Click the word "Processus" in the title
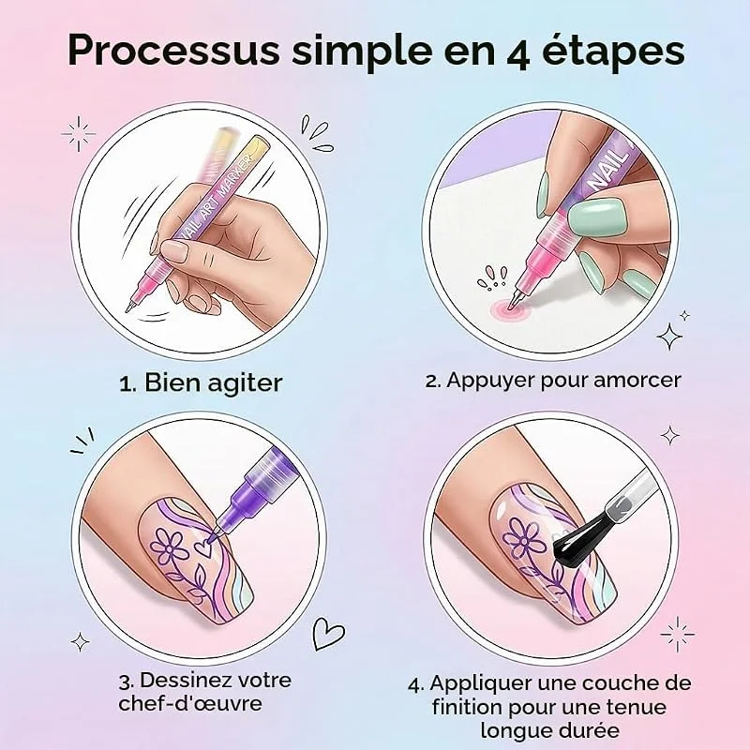click(173, 51)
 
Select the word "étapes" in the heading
click(613, 52)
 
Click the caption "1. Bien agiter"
click(201, 383)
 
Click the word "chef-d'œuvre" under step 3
click(190, 703)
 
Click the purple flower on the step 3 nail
click(169, 547)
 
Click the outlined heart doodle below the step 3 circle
click(328, 634)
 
